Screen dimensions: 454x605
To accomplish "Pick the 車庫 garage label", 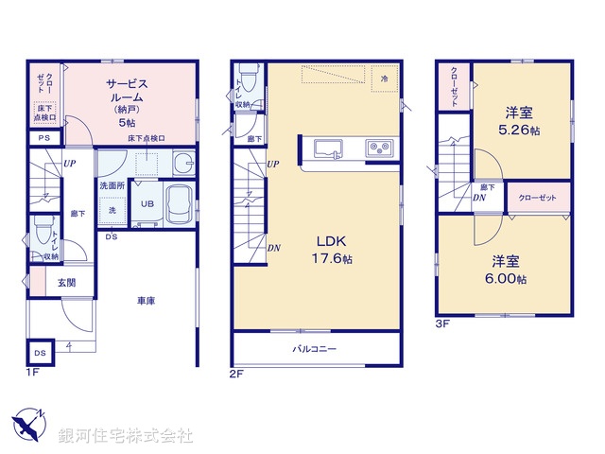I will tap(145, 301).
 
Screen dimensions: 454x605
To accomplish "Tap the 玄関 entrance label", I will tap(55, 281).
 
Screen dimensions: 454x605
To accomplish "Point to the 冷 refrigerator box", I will tap(385, 79).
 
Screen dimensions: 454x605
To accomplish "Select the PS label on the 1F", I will tap(43, 138).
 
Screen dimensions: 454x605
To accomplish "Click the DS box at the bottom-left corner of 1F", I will tap(39, 353).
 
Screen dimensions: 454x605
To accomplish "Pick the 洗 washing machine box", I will tap(112, 210).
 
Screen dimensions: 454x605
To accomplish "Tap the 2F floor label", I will tap(236, 374).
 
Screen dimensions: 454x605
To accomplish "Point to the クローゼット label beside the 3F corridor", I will tap(538, 198).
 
